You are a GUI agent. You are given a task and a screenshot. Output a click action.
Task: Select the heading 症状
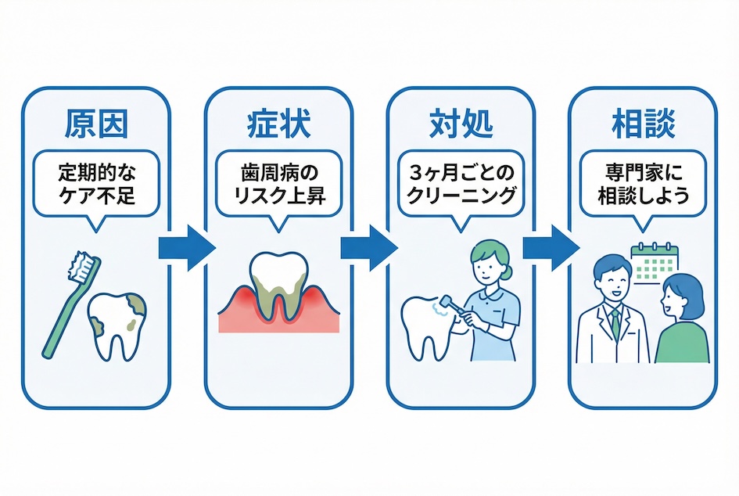coord(277,124)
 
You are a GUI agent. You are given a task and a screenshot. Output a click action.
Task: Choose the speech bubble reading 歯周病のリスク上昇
coord(277,184)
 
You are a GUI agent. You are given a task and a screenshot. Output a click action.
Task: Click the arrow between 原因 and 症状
coord(187,249)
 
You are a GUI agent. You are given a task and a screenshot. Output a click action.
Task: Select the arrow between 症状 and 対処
coord(369,249)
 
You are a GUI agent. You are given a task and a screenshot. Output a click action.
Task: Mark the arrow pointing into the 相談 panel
coord(551,249)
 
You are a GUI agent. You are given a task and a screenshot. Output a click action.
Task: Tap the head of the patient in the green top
coord(677,300)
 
